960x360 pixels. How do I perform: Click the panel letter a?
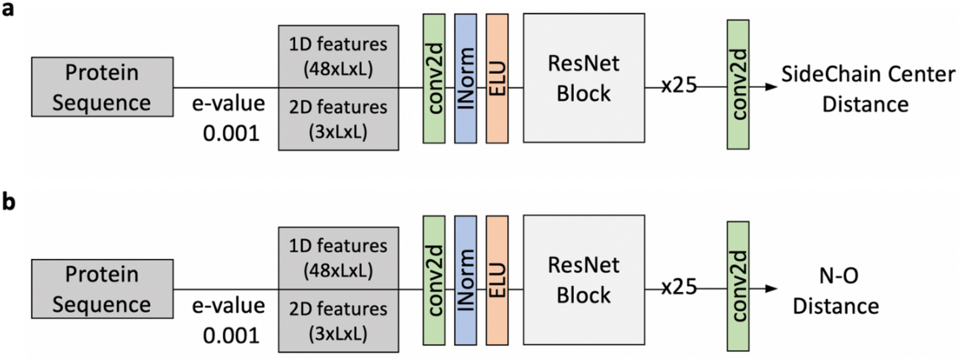pos(8,9)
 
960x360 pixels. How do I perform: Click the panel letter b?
pos(8,202)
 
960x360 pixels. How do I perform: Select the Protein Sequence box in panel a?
pos(102,87)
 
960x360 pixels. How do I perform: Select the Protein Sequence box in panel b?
pos(102,289)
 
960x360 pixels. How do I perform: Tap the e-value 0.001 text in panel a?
pos(229,118)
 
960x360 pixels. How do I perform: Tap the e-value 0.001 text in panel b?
pos(229,320)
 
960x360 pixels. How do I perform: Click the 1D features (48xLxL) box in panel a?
pos(338,56)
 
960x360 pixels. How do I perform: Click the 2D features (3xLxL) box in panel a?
pos(338,119)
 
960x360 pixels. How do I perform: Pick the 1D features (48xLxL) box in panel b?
pos(338,258)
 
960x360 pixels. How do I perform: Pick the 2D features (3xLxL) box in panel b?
pos(338,321)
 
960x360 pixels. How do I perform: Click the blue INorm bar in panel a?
pos(465,79)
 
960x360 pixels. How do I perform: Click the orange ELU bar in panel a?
pos(497,79)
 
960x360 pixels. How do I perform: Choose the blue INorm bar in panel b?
pos(465,280)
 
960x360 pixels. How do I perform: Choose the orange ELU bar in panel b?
pos(497,280)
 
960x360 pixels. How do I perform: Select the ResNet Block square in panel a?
pos(584,78)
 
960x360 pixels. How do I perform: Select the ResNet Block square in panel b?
pos(584,280)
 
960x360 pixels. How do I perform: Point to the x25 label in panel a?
pos(679,85)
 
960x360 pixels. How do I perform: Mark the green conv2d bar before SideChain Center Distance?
pos(738,85)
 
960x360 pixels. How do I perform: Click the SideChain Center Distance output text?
pos(867,89)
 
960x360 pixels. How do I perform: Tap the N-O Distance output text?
pos(836,291)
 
